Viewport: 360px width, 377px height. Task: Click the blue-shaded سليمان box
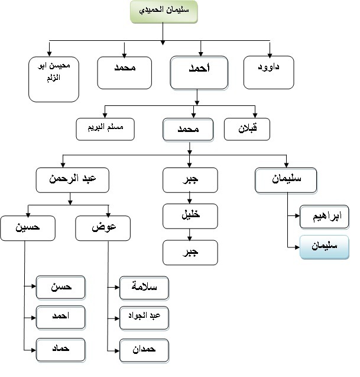click(x=324, y=247)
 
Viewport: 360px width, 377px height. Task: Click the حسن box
click(x=61, y=288)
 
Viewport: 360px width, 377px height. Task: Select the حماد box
click(x=61, y=350)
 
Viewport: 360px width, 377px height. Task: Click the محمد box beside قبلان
click(x=189, y=129)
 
